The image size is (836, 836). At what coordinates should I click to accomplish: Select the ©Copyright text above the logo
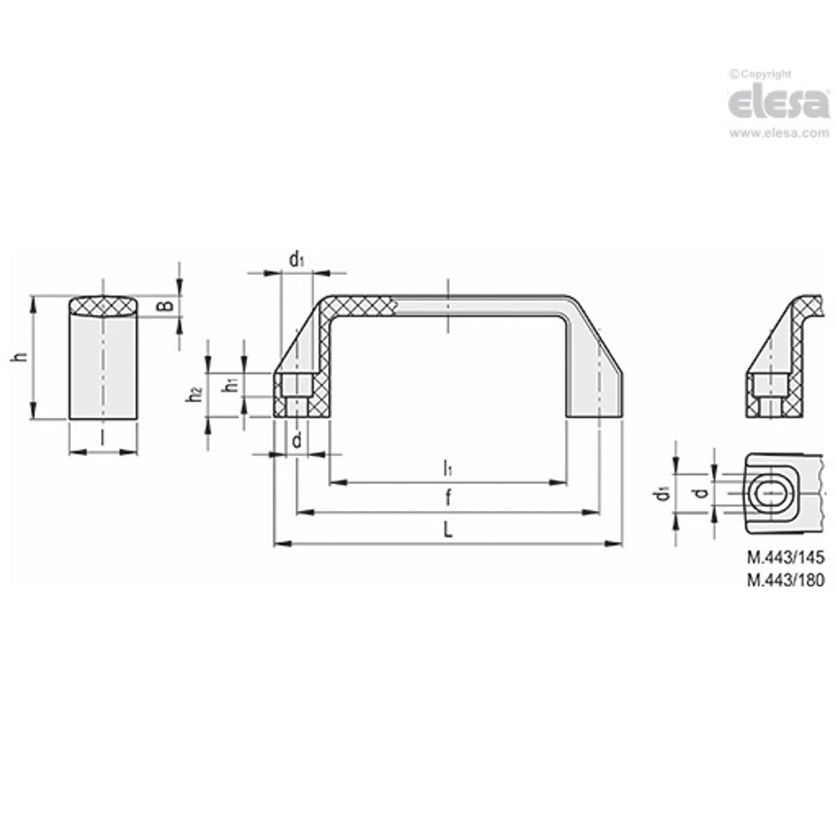pyautogui.click(x=760, y=74)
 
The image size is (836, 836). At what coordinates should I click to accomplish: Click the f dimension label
pyautogui.click(x=448, y=497)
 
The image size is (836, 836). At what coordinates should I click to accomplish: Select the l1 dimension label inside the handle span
pyautogui.click(x=448, y=468)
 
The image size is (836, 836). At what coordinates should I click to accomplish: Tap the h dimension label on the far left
pyautogui.click(x=21, y=357)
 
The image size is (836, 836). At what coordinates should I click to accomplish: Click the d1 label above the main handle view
pyautogui.click(x=296, y=260)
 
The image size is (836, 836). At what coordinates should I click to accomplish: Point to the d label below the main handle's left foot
pyautogui.click(x=296, y=441)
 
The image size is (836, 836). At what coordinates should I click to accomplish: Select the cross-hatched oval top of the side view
pyautogui.click(x=103, y=306)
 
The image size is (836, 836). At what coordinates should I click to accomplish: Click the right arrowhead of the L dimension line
pyautogui.click(x=614, y=544)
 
